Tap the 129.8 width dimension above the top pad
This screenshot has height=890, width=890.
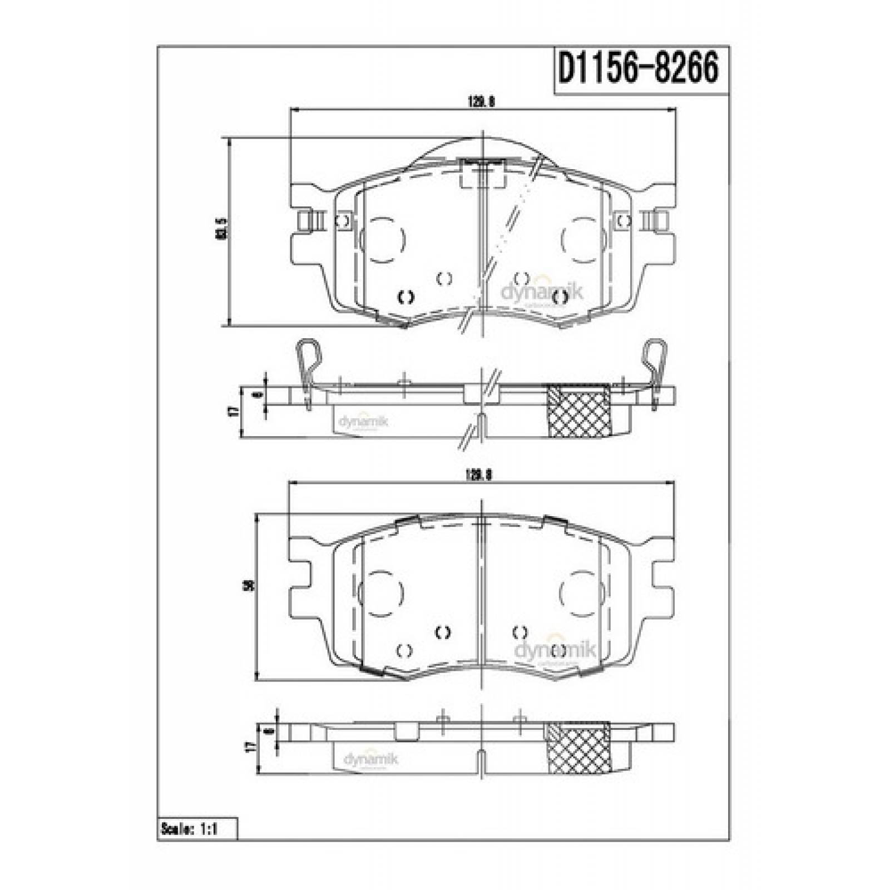(482, 102)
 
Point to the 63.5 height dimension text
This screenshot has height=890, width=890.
(222, 228)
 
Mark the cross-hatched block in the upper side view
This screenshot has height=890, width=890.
(580, 411)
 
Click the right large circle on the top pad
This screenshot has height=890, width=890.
(581, 240)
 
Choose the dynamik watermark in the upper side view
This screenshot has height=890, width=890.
(363, 421)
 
